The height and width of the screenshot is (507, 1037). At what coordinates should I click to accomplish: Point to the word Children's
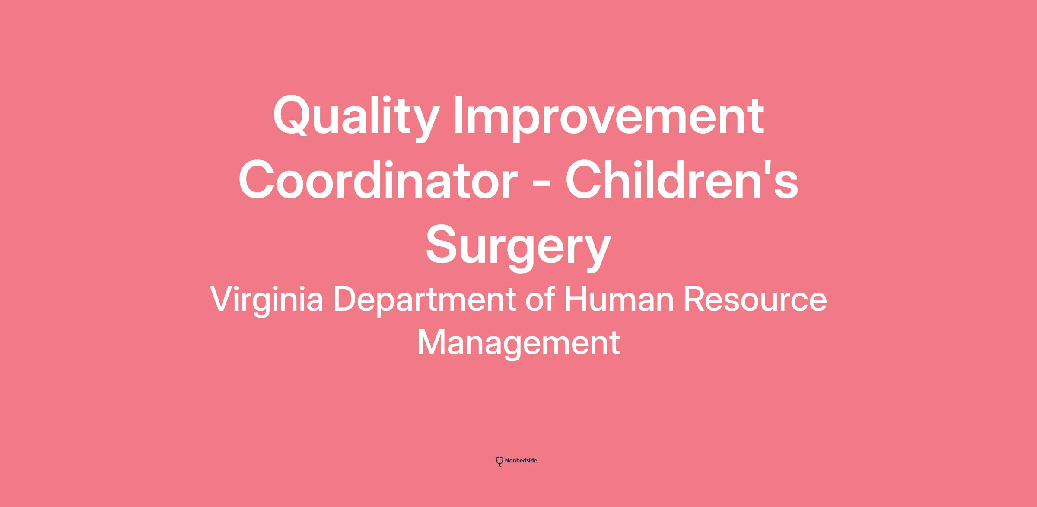(682, 180)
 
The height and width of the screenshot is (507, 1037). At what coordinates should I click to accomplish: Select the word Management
(518, 343)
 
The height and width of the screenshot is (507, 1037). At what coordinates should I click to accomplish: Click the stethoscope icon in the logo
(499, 462)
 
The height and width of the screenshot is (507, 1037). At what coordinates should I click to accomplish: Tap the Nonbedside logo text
(521, 461)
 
